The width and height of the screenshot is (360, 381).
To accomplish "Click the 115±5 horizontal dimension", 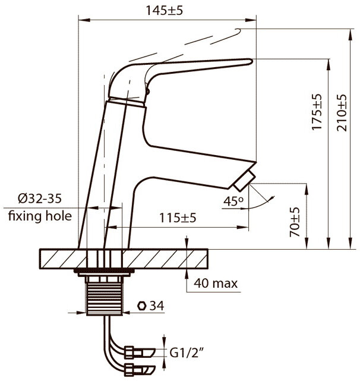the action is tap(179, 218).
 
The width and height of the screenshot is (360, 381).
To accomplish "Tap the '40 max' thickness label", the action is tap(216, 284).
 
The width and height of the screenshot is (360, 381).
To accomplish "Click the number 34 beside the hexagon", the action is tap(157, 306).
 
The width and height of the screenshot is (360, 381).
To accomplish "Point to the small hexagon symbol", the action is tap(141, 306).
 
